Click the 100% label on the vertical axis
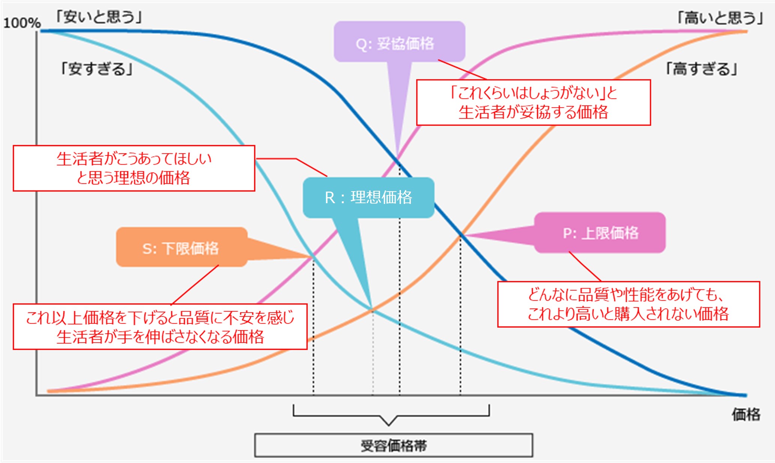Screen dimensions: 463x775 point(22,23)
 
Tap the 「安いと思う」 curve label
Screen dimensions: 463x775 point(98,17)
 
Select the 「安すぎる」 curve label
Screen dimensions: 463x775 point(97,69)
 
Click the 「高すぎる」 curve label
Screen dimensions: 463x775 point(701,69)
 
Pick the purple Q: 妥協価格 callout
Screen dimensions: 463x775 point(399,42)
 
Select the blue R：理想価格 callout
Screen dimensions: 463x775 point(368,198)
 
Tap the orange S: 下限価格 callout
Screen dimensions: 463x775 point(181,247)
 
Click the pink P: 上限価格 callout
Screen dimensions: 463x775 point(600,233)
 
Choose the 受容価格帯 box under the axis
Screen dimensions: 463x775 point(393,445)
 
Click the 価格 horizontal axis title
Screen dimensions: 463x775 point(746,414)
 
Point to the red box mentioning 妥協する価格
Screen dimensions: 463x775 point(533,102)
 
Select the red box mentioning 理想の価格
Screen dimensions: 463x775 point(134,168)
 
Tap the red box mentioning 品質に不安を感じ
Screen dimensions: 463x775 point(160,327)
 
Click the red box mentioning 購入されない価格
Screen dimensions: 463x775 point(628,304)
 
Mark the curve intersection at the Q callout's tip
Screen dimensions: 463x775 point(398,159)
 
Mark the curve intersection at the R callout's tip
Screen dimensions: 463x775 point(372,310)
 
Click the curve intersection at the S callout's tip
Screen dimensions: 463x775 point(313,256)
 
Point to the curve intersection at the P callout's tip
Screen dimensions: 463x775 point(461,235)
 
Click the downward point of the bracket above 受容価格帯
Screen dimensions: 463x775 point(389,425)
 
